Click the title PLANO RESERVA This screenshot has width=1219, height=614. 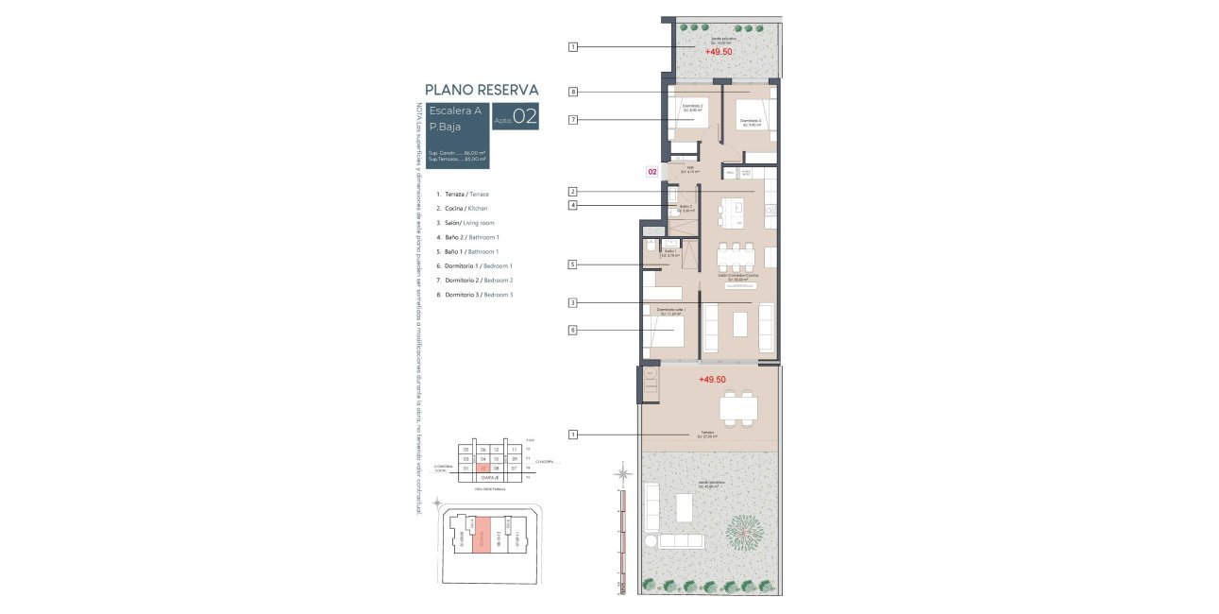482,90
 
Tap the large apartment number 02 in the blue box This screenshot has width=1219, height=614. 525,117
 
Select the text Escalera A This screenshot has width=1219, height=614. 455,111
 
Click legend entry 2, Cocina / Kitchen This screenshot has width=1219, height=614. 462,208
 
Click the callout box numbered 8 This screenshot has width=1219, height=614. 573,92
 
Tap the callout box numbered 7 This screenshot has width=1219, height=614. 573,120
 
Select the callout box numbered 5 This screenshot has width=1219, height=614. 573,265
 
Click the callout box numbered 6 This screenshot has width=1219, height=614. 573,330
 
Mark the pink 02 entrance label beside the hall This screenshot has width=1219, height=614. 652,173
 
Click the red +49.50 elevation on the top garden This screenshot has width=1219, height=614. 718,52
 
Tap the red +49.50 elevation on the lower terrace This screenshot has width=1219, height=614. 713,379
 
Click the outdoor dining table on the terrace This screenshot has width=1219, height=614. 737,409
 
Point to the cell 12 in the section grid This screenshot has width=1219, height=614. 497,450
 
